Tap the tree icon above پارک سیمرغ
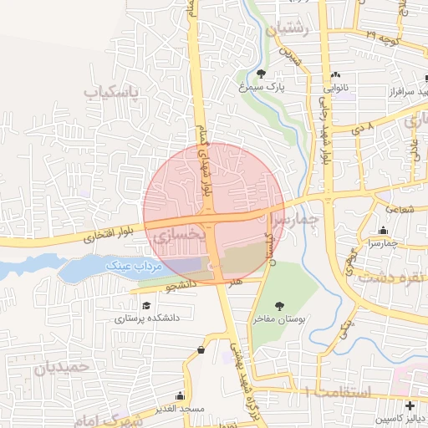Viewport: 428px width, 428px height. pyautogui.click(x=262, y=74)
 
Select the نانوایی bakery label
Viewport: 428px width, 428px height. pyautogui.click(x=336, y=85)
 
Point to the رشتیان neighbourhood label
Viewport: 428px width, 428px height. pyautogui.click(x=287, y=32)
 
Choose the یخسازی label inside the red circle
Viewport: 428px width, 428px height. pyautogui.click(x=177, y=238)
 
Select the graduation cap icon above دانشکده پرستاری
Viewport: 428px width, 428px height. pyautogui.click(x=147, y=306)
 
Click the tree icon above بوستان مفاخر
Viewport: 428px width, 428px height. pyautogui.click(x=279, y=306)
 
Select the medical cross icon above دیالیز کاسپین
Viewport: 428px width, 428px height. pyautogui.click(x=409, y=405)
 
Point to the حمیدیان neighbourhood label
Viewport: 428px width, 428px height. pyautogui.click(x=64, y=366)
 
